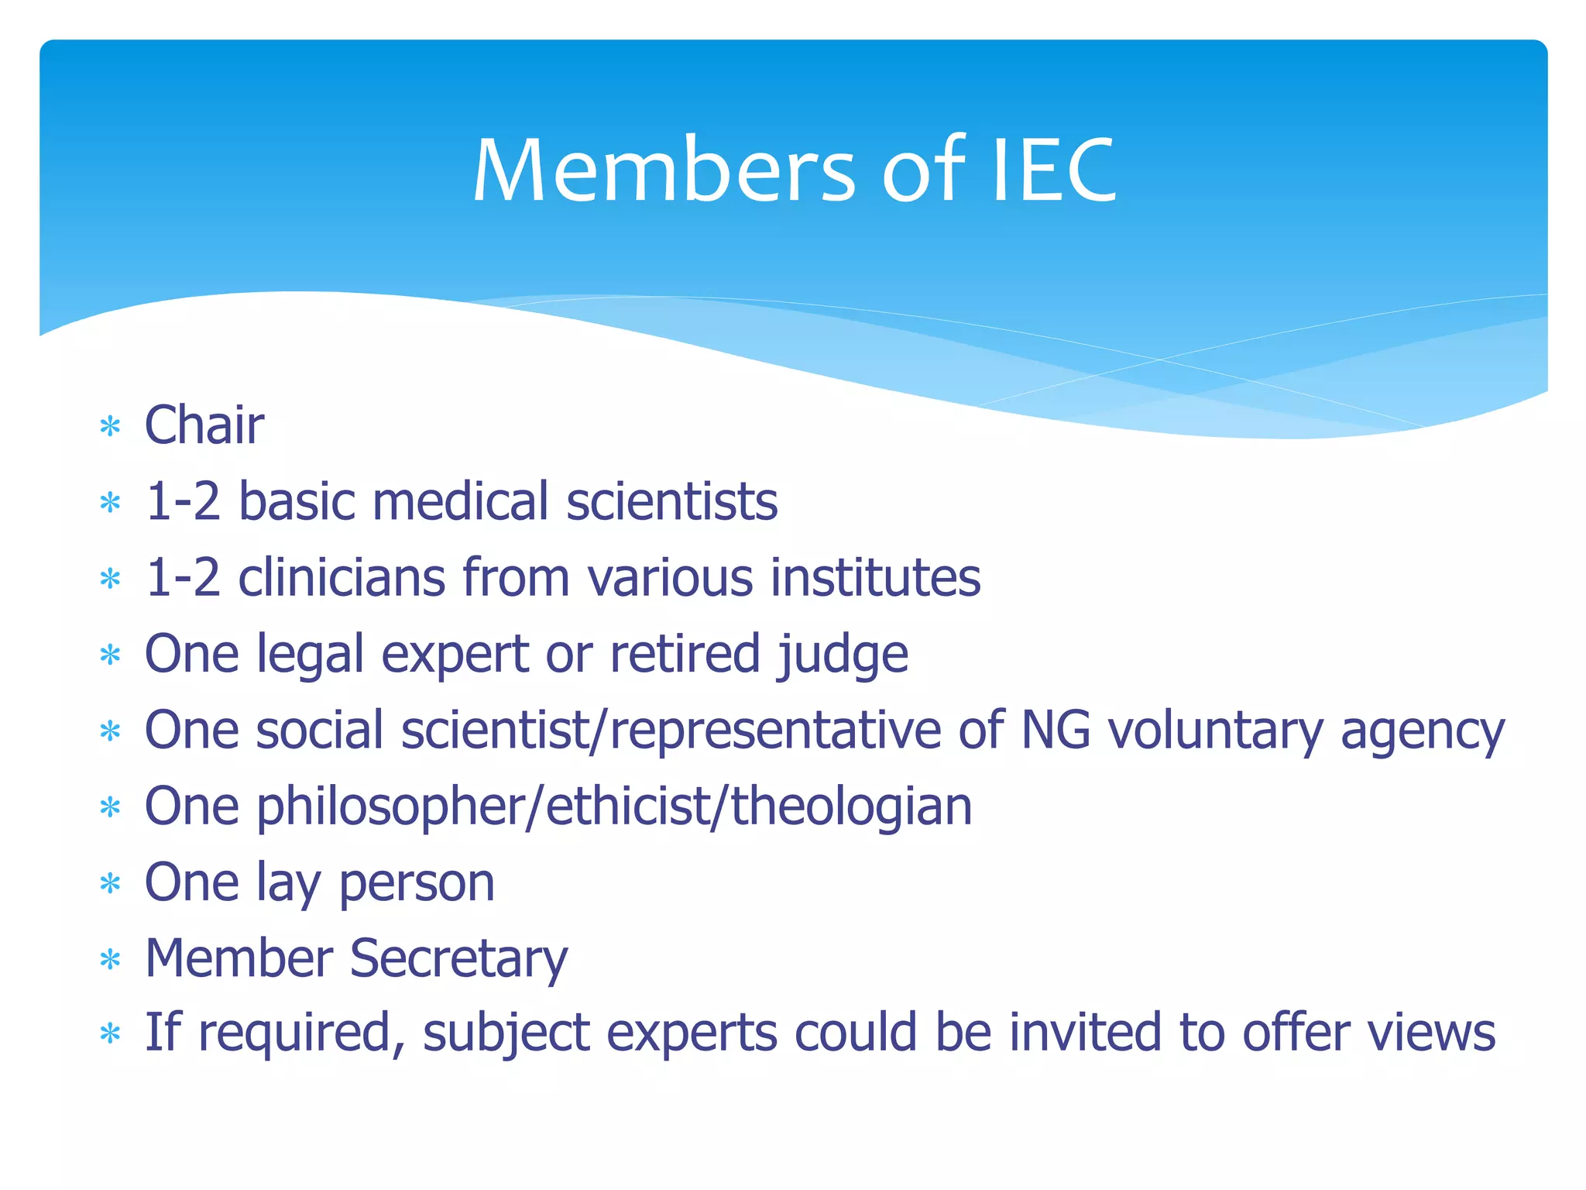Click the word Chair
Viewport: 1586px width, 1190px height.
tap(204, 425)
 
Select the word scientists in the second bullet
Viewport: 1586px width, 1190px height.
tap(671, 501)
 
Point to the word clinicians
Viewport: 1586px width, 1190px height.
tap(342, 578)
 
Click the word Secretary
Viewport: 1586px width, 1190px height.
tap(458, 959)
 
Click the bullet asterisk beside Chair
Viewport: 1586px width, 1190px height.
tap(111, 427)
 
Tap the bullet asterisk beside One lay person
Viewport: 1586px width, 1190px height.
tap(111, 884)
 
